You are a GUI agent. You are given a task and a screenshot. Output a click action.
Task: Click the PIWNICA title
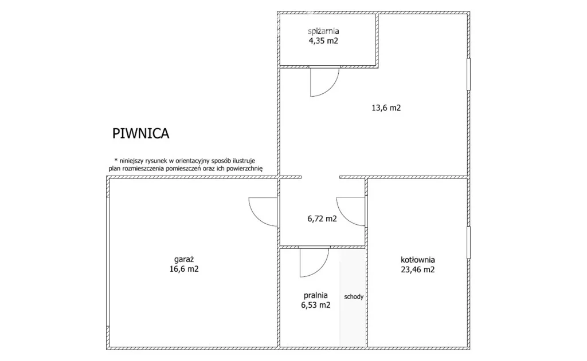pyautogui.click(x=141, y=133)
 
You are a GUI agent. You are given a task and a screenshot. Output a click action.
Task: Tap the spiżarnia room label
pyautogui.click(x=323, y=31)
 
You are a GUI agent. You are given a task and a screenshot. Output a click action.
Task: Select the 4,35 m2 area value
pyautogui.click(x=323, y=41)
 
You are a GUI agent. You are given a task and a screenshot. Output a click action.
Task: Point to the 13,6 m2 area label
pyautogui.click(x=386, y=108)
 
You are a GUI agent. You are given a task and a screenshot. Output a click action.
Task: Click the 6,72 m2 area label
pyautogui.click(x=322, y=219)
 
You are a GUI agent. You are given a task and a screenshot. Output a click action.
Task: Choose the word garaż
pyautogui.click(x=184, y=259)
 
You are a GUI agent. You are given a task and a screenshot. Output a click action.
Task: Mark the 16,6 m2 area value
pyautogui.click(x=184, y=269)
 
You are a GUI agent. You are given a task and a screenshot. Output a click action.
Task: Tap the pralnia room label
pyautogui.click(x=316, y=295)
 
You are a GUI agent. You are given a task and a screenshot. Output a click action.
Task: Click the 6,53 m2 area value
pyautogui.click(x=316, y=305)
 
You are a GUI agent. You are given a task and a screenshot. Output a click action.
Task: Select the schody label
pyautogui.click(x=354, y=297)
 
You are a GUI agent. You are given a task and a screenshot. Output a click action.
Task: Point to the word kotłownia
pyautogui.click(x=418, y=260)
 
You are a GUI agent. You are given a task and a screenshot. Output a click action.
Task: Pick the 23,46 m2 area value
pyautogui.click(x=418, y=269)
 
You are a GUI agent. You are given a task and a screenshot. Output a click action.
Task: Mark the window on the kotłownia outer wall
pyautogui.click(x=468, y=242)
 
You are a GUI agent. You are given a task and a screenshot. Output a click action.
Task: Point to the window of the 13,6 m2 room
pyautogui.click(x=468, y=74)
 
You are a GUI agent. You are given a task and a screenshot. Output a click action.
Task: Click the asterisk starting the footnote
pyautogui.click(x=116, y=160)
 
